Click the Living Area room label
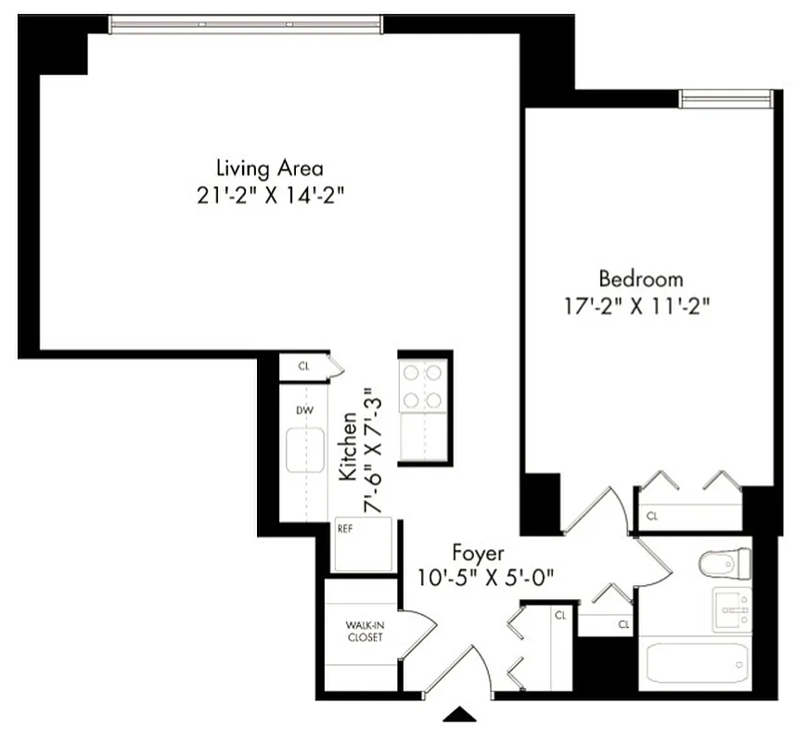click(x=269, y=169)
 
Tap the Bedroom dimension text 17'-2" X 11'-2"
click(x=641, y=306)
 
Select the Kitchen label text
click(x=349, y=448)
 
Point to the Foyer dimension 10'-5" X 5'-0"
click(x=486, y=576)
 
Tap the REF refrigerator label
click(x=345, y=530)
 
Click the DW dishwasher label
click(x=302, y=409)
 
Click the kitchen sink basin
click(x=303, y=450)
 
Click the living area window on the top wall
click(x=246, y=25)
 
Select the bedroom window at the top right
click(x=725, y=97)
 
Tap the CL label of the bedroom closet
click(x=652, y=516)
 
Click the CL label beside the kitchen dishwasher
click(x=303, y=365)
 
